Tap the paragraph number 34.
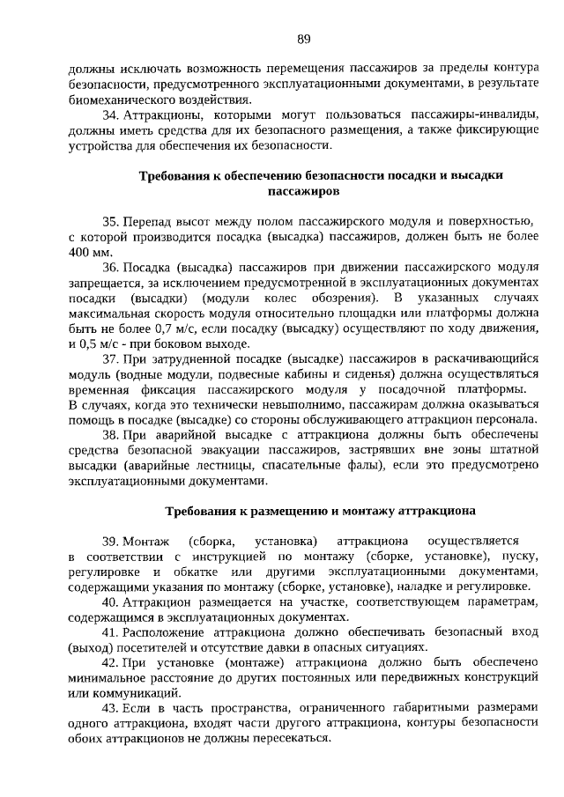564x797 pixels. coord(111,114)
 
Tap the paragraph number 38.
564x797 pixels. coord(111,434)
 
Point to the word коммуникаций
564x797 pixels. coord(126,693)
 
